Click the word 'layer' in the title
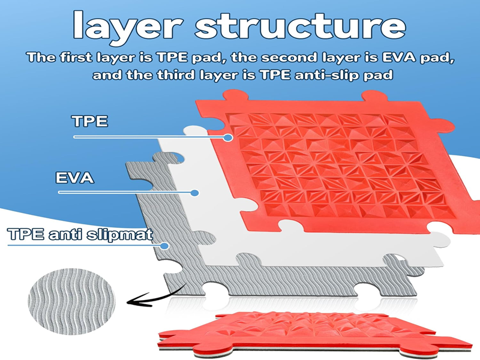[128, 26]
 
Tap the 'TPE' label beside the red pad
[90, 121]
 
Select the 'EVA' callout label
[74, 178]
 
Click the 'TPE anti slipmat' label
[80, 234]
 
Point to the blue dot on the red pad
[227, 138]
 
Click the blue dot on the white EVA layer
[194, 193]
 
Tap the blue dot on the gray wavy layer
[164, 246]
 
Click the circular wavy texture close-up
[71, 302]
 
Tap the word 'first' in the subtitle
[76, 58]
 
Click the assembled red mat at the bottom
[316, 335]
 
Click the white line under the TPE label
[150, 137]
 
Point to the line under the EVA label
[126, 192]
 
